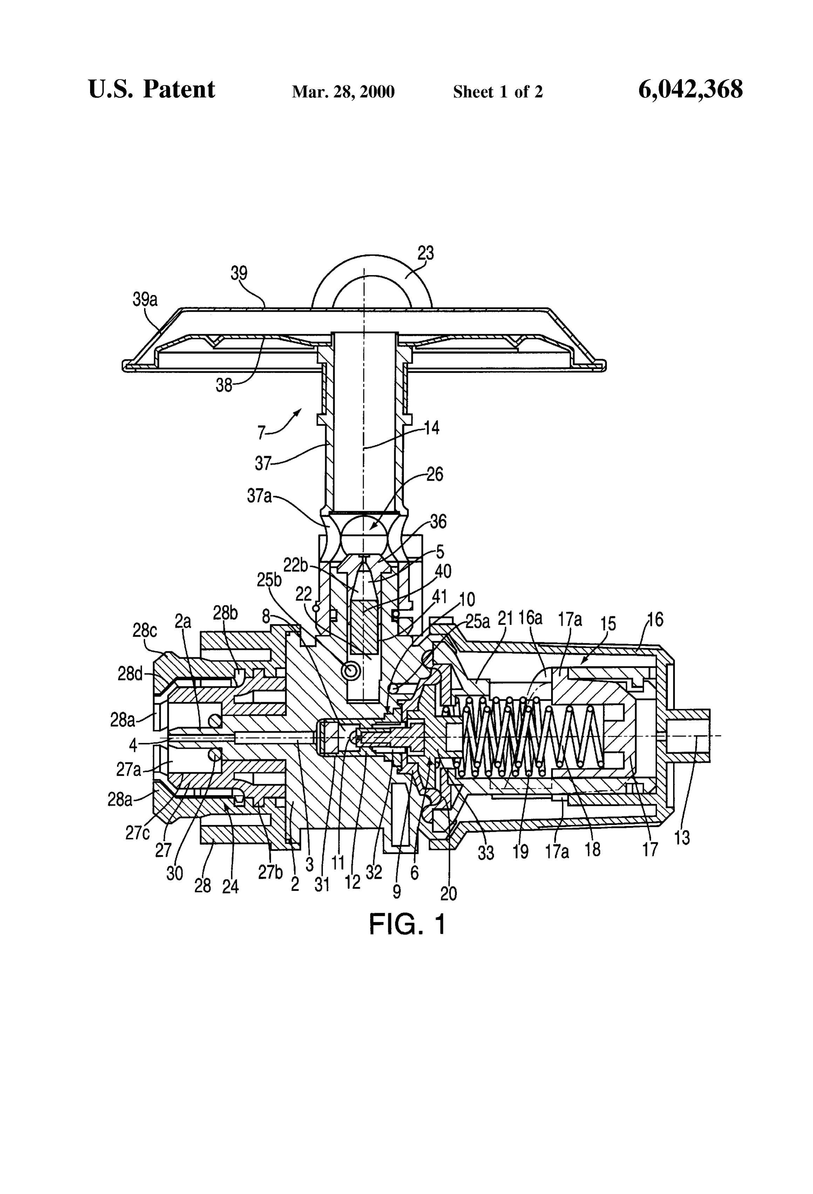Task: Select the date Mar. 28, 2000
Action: click(x=343, y=92)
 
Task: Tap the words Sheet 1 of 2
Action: click(x=498, y=92)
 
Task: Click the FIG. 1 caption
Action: click(x=407, y=924)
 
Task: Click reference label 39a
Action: click(x=145, y=300)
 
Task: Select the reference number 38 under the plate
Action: click(x=224, y=385)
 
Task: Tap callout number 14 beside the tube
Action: click(x=432, y=427)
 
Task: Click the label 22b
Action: click(x=295, y=565)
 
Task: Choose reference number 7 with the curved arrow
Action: click(x=261, y=433)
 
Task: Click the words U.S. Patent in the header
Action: click(x=152, y=89)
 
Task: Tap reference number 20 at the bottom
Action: click(x=448, y=894)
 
